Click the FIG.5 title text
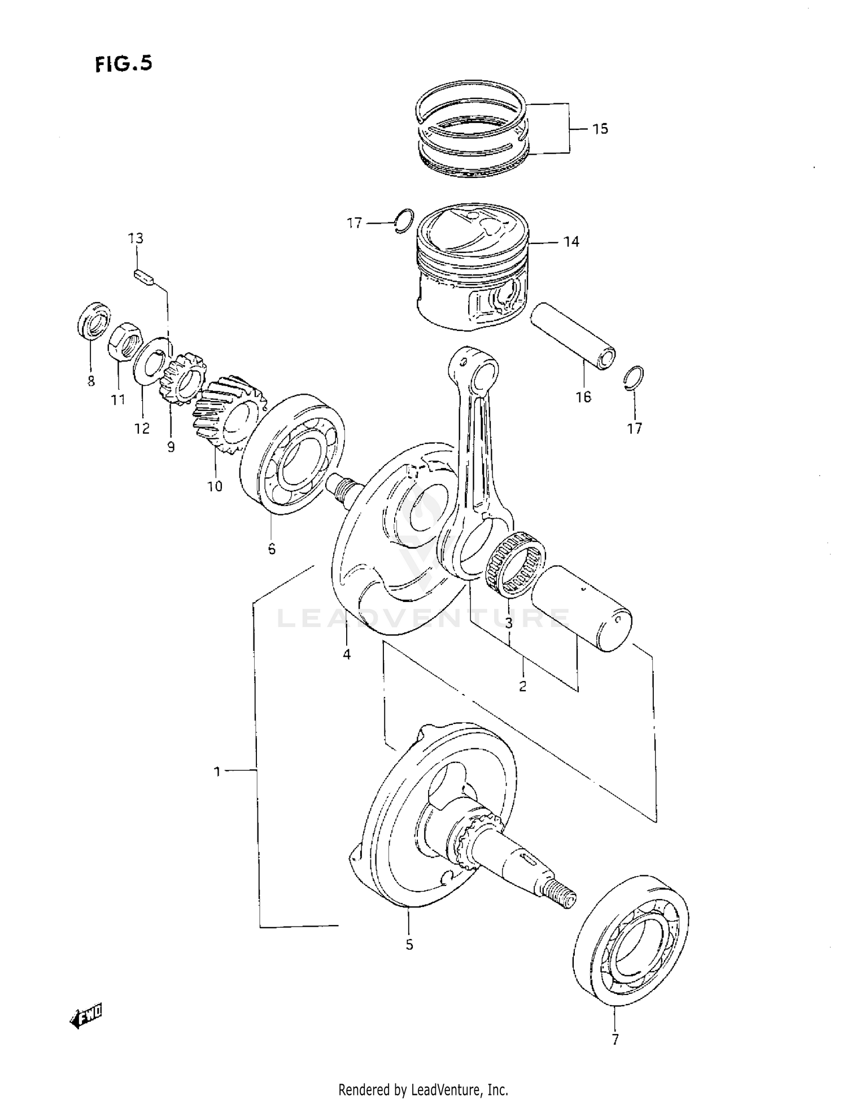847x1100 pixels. coord(124,63)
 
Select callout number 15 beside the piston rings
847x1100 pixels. coord(600,129)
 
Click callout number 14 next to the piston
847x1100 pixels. coord(571,242)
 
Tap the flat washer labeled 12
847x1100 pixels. coord(151,360)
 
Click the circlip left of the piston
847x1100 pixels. coord(404,221)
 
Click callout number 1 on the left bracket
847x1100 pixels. coord(217,771)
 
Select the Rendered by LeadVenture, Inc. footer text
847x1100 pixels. coord(423,1089)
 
